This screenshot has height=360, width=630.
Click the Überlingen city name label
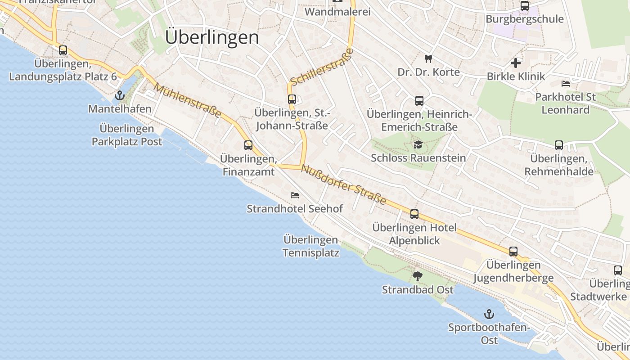point(212,37)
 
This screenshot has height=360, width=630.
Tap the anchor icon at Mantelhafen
point(119,95)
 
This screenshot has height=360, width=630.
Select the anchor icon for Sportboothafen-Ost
point(489,314)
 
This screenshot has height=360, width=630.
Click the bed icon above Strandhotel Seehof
point(295,195)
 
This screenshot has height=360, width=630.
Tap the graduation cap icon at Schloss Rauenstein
point(418,144)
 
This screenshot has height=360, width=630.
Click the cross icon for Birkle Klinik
point(516,63)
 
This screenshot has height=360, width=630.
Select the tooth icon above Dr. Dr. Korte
point(428,58)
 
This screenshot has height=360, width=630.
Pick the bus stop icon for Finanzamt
point(248,145)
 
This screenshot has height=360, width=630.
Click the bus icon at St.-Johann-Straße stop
point(292,99)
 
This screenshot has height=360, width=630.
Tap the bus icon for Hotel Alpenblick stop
point(414,214)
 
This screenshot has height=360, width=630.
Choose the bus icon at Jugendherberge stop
point(513,252)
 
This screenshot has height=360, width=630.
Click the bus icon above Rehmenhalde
point(558,145)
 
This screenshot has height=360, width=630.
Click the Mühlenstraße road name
point(188,100)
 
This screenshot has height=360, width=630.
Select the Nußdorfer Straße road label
point(344,184)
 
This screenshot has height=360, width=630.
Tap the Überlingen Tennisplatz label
point(311,246)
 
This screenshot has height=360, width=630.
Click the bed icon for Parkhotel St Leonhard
point(566,84)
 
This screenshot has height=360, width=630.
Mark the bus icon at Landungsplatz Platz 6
point(63,50)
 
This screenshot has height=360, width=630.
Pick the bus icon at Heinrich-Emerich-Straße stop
point(419,101)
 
